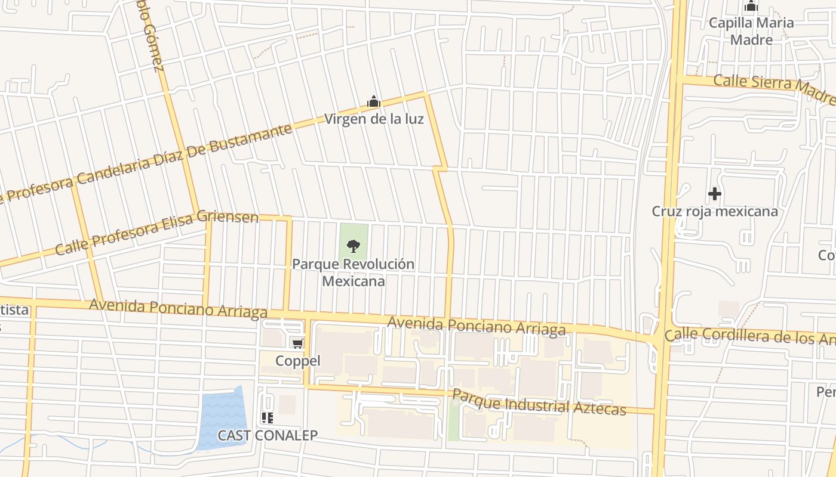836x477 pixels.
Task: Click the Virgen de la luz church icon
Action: pyautogui.click(x=374, y=102)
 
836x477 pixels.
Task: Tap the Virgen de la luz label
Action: pyautogui.click(x=374, y=119)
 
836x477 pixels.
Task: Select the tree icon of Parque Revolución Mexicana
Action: pyautogui.click(x=354, y=245)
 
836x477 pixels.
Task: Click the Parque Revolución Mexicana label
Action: pyautogui.click(x=354, y=272)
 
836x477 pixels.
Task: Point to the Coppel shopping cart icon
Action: pyautogui.click(x=297, y=343)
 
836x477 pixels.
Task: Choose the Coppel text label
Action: pyautogui.click(x=298, y=361)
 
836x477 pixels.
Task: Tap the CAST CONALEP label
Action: pyautogui.click(x=268, y=435)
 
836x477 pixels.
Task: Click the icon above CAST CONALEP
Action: pyautogui.click(x=267, y=418)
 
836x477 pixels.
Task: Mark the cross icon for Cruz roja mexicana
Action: pyautogui.click(x=714, y=194)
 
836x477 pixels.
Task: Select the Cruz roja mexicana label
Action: pyautogui.click(x=715, y=212)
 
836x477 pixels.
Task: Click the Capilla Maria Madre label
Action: pyautogui.click(x=751, y=31)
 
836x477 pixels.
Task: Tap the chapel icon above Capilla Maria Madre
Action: pyautogui.click(x=751, y=7)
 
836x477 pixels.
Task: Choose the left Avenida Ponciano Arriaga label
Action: pyautogui.click(x=178, y=308)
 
